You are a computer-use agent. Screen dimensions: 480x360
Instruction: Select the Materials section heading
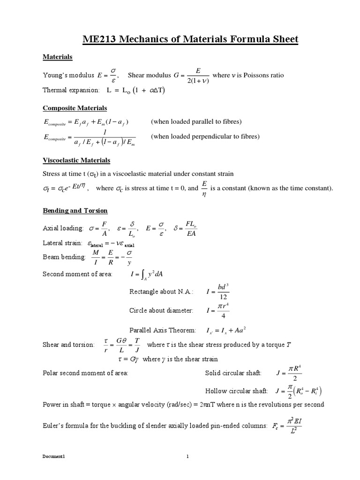(x=58, y=57)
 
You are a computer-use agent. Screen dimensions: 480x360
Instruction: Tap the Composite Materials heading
(x=75, y=108)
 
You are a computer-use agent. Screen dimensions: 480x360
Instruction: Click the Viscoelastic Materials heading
(x=76, y=160)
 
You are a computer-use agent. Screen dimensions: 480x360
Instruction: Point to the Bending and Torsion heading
(x=75, y=210)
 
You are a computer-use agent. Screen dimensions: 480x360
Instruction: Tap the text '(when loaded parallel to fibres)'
(x=196, y=121)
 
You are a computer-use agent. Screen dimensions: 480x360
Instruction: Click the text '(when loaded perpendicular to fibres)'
(x=205, y=136)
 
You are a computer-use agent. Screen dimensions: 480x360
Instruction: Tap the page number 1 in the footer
(x=187, y=458)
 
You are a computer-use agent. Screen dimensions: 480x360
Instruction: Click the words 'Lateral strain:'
(x=62, y=244)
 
